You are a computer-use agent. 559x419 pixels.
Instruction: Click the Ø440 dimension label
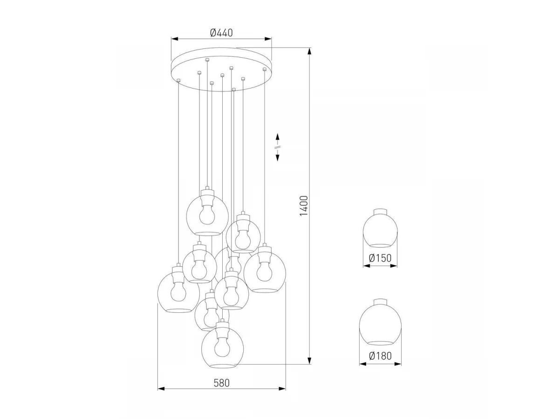click(221, 33)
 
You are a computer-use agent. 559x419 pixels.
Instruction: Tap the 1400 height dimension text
click(304, 206)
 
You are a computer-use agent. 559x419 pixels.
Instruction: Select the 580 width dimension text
click(222, 383)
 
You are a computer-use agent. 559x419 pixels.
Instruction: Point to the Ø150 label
click(380, 258)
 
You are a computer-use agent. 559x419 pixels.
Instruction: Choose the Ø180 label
click(380, 356)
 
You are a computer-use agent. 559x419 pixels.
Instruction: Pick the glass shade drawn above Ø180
click(380, 322)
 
